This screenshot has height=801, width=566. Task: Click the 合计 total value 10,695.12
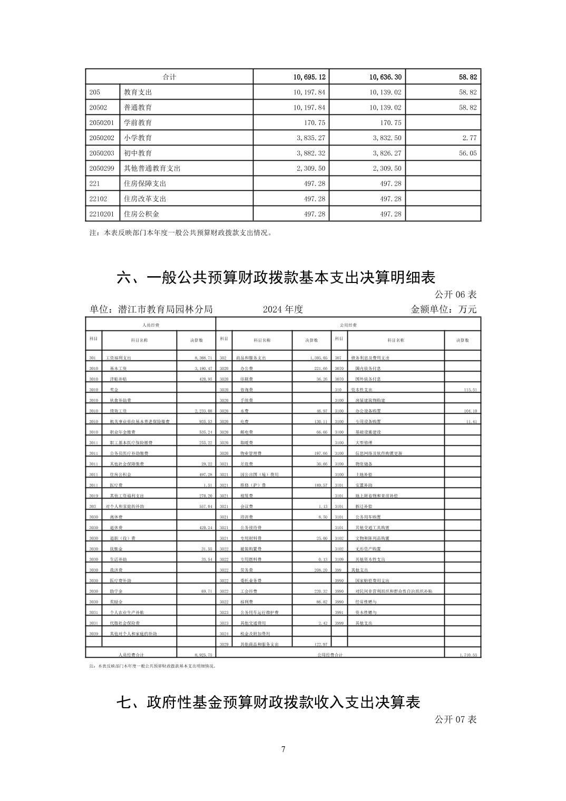pos(310,77)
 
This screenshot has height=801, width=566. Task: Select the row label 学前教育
pos(138,123)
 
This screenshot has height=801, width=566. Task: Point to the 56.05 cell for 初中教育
pos(467,153)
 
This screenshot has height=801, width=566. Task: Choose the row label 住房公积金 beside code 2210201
pos(141,214)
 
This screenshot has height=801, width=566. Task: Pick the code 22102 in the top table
pos(98,199)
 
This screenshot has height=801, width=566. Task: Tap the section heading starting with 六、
pos(276,277)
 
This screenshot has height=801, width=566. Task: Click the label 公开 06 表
pos(455,294)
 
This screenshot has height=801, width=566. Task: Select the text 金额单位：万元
pos(443,309)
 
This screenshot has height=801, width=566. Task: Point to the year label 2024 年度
pos(283,309)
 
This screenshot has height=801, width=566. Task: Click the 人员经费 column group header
pos(151,325)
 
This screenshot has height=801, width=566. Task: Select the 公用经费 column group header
pos(348,325)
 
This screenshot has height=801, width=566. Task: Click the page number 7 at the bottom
pos(283,749)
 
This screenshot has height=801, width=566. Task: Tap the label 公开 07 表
pos(455,719)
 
